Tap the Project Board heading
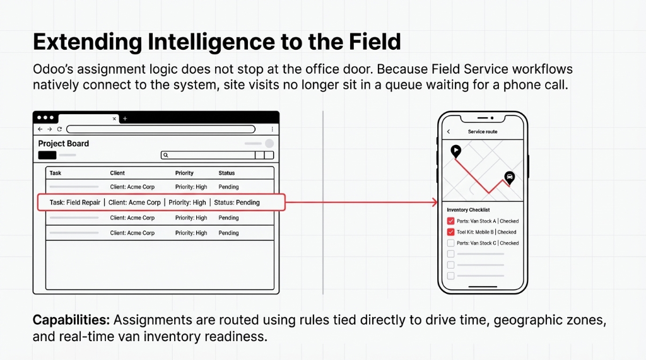[64, 144]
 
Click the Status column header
[226, 173]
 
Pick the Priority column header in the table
[184, 173]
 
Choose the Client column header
[117, 173]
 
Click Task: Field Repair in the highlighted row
[75, 202]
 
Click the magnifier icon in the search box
[165, 155]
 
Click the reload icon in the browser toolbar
[59, 129]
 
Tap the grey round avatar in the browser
[269, 144]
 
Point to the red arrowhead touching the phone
[434, 202]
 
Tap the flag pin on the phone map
[455, 151]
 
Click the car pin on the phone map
[509, 177]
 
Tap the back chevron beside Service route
[449, 132]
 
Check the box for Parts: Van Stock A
[450, 221]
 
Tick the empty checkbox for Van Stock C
[450, 243]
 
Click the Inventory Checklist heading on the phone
[468, 210]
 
